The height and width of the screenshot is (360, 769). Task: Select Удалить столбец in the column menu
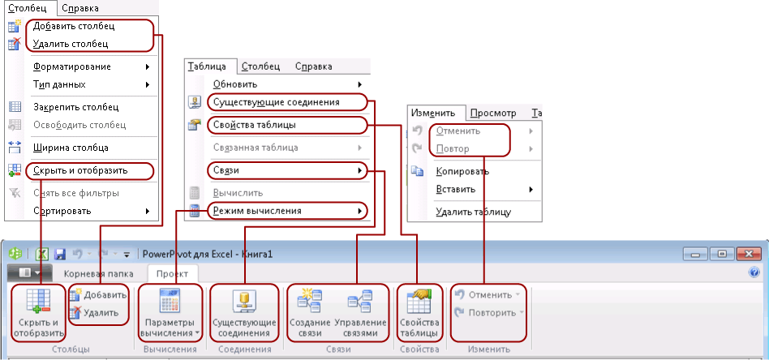pos(71,44)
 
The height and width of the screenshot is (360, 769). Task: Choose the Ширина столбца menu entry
pos(71,148)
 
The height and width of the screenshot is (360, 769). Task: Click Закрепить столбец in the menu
pos(75,106)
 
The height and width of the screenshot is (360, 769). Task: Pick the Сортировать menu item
pos(62,211)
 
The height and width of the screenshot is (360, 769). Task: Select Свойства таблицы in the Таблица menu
pos(254,125)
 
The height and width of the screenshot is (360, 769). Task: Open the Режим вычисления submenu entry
pos(257,211)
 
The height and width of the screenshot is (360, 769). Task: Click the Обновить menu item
pos(235,84)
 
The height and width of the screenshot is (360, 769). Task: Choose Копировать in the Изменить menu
pos(462,171)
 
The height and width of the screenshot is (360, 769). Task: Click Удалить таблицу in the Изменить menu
pos(473,212)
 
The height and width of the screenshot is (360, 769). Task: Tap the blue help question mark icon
pos(754,273)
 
